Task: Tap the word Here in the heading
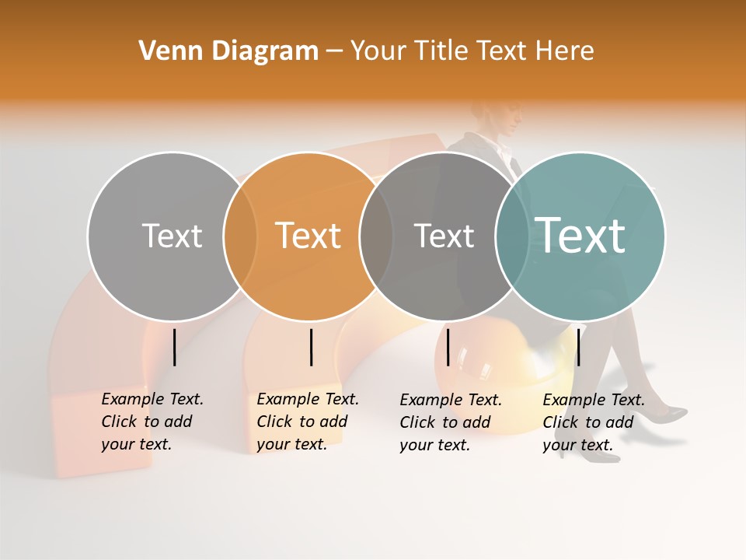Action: [565, 51]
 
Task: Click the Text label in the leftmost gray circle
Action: [172, 236]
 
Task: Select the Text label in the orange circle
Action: [309, 236]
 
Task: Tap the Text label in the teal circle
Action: [580, 236]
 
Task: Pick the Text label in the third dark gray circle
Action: [444, 236]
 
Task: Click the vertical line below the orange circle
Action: [311, 347]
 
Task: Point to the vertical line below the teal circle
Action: [578, 347]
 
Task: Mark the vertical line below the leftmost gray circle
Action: [174, 347]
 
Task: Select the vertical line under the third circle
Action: [448, 347]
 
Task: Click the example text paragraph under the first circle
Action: [152, 422]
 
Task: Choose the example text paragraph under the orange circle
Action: [307, 422]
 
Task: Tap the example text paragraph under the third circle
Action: [450, 422]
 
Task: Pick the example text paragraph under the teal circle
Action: [593, 422]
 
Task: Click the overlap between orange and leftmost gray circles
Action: [240, 236]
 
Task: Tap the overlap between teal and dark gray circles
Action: [512, 236]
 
